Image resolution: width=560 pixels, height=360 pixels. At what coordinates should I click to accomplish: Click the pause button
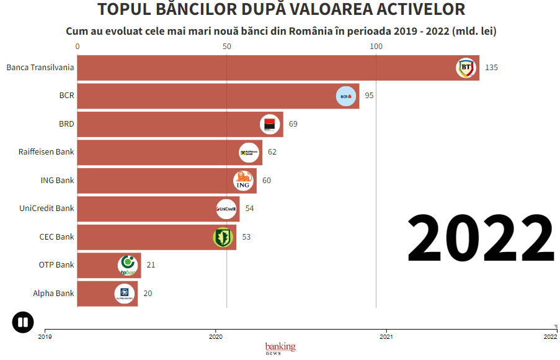coord(23,322)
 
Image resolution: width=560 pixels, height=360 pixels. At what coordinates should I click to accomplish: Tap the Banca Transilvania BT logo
coord(466,68)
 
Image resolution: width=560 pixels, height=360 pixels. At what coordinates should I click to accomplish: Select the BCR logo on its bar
coord(346,96)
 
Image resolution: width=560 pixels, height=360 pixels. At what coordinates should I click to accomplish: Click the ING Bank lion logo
coord(243,181)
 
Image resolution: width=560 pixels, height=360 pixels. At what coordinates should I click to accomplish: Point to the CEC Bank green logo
coord(223,236)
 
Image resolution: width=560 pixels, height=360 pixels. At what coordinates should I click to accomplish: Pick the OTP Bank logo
coord(128,265)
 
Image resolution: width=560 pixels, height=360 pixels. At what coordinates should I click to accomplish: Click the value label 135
coord(491,68)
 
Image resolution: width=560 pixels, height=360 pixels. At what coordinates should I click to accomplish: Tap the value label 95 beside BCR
coord(369,96)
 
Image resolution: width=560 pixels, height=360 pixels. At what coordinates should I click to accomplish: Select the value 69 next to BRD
coord(293,124)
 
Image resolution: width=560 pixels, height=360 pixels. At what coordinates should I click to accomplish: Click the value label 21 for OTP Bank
coord(151,265)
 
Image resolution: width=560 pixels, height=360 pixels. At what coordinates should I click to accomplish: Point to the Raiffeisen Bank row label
coord(47,152)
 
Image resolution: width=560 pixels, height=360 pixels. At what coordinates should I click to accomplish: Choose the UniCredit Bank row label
coord(47,209)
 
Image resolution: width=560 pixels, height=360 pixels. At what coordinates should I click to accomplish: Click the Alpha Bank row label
coord(53,294)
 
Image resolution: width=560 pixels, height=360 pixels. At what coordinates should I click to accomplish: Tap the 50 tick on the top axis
coord(226,47)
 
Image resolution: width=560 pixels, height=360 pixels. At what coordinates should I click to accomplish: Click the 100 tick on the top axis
coord(376,47)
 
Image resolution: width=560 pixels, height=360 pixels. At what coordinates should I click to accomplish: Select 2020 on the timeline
coord(216,337)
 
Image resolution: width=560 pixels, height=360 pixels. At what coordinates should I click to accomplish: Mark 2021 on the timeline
coord(386,337)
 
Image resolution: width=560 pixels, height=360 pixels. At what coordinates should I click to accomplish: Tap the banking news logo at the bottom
coord(280,348)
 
